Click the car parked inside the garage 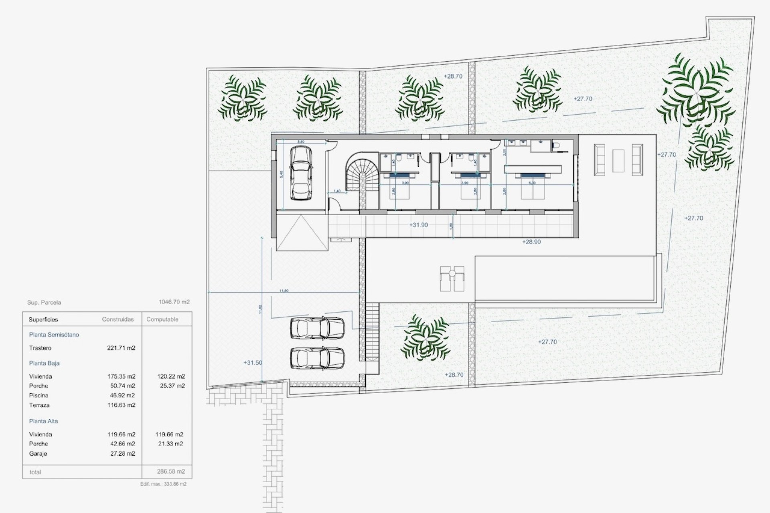click(301, 173)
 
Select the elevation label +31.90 click(418, 225)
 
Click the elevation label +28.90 click(531, 242)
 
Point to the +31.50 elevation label click(253, 363)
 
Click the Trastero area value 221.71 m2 click(121, 348)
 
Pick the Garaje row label click(38, 454)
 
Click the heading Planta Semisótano click(54, 335)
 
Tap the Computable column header click(162, 319)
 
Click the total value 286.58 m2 click(171, 472)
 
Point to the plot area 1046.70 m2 click(174, 302)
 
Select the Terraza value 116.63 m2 click(121, 405)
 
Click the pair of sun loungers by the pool click(452, 279)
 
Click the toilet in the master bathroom click(556, 146)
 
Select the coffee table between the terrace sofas click(618, 160)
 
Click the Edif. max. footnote click(163, 484)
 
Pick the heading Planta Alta click(43, 421)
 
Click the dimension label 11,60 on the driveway click(284, 291)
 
